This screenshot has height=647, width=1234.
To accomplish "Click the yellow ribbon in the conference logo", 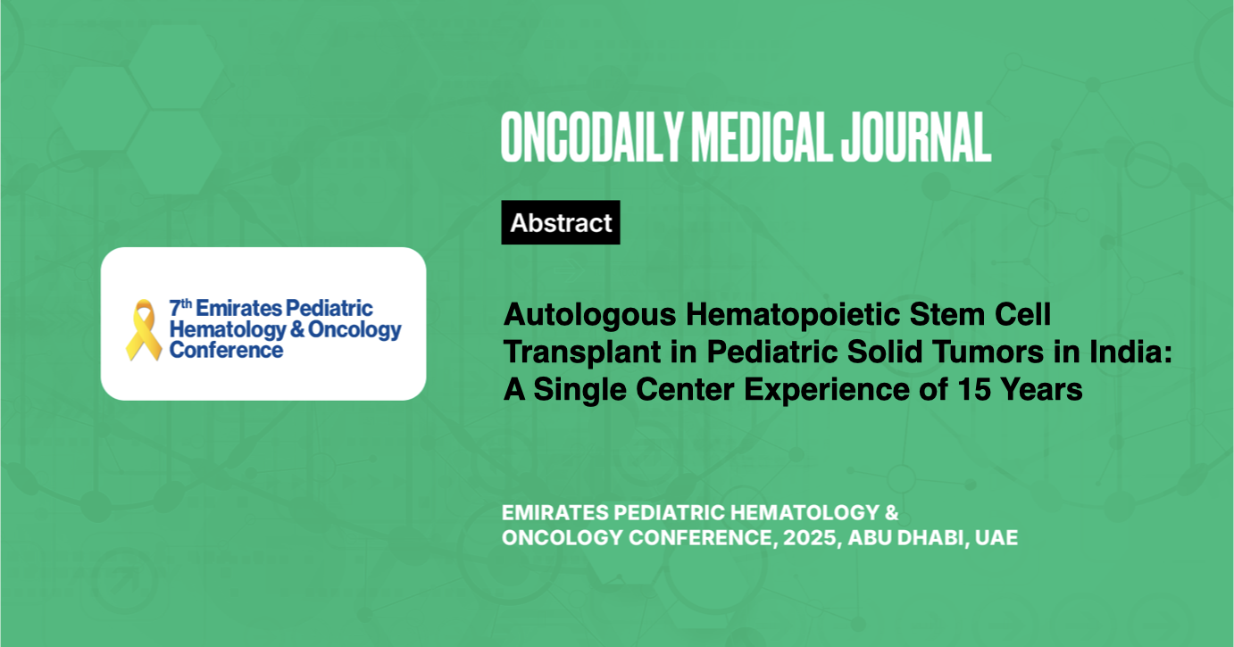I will click(x=144, y=329).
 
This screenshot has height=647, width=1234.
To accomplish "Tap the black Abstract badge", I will click(x=561, y=222).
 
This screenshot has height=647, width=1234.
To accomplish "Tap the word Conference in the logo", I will click(x=226, y=350).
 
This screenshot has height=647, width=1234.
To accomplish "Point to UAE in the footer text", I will click(x=997, y=538).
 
